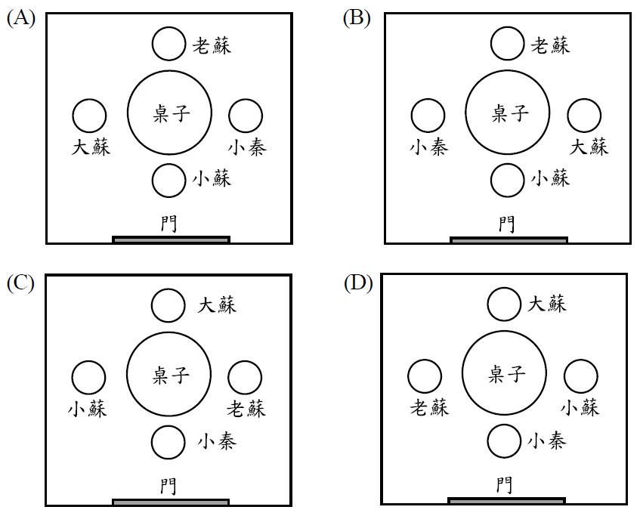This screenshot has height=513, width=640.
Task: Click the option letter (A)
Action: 20,19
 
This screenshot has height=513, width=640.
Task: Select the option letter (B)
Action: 357,19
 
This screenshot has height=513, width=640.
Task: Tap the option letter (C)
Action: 20,283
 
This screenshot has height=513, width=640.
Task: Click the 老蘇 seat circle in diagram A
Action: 169,44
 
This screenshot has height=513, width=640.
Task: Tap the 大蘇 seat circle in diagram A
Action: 90,116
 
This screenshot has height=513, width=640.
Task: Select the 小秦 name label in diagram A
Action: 247,147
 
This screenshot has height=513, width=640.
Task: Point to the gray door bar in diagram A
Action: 171,240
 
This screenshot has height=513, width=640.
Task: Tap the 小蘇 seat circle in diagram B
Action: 506,181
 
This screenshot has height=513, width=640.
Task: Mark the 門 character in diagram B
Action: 506,224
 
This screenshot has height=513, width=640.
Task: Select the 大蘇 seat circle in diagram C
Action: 168,306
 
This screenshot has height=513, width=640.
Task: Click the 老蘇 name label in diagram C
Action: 246,409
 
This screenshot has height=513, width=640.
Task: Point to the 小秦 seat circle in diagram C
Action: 168,442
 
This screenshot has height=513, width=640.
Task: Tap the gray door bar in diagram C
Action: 171,502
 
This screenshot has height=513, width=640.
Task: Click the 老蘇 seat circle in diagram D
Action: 425,376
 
